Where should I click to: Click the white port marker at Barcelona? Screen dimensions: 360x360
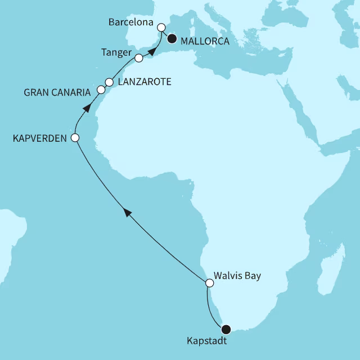[161, 27]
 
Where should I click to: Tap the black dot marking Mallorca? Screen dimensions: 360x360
[171, 39]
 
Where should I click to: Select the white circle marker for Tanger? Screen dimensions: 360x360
[138, 57]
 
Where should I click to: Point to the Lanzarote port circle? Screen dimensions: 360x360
[109, 82]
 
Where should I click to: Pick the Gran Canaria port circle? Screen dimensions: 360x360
[101, 89]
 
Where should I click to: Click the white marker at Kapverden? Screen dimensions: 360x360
[75, 137]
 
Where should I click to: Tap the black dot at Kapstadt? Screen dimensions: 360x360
[226, 329]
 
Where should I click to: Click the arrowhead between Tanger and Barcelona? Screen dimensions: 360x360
[152, 51]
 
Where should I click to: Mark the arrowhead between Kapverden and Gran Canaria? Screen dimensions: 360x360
[87, 109]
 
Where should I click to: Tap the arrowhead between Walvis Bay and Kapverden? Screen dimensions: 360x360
[128, 213]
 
